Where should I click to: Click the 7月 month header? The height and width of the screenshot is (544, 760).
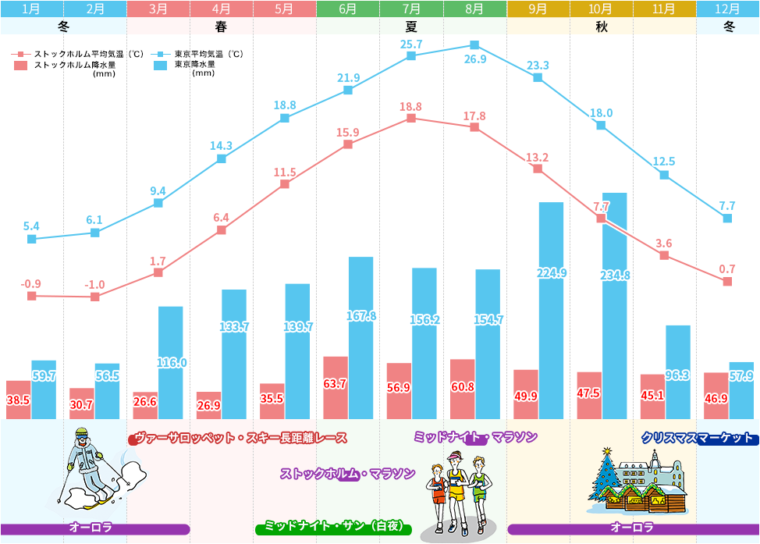point(411,9)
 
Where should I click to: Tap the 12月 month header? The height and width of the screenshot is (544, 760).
point(728,9)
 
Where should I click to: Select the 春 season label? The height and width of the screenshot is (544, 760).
point(221,27)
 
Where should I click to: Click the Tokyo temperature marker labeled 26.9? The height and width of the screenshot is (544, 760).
point(474,45)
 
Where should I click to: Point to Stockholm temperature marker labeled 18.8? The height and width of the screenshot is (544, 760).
point(411,118)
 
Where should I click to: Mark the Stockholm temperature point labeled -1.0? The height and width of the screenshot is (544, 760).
point(95,297)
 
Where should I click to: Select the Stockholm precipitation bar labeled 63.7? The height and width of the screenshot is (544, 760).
point(336,388)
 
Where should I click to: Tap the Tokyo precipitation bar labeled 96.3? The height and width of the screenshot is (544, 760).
point(678,372)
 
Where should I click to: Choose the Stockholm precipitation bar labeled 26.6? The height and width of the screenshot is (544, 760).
point(145,405)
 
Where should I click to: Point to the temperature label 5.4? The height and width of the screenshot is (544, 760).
point(31,226)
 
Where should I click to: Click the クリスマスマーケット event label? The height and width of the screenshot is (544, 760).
point(698,438)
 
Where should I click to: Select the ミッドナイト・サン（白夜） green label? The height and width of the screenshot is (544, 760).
point(333,527)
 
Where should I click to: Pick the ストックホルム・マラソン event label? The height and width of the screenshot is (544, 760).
point(348,474)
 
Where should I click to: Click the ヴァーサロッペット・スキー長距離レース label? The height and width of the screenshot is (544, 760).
point(238,438)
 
